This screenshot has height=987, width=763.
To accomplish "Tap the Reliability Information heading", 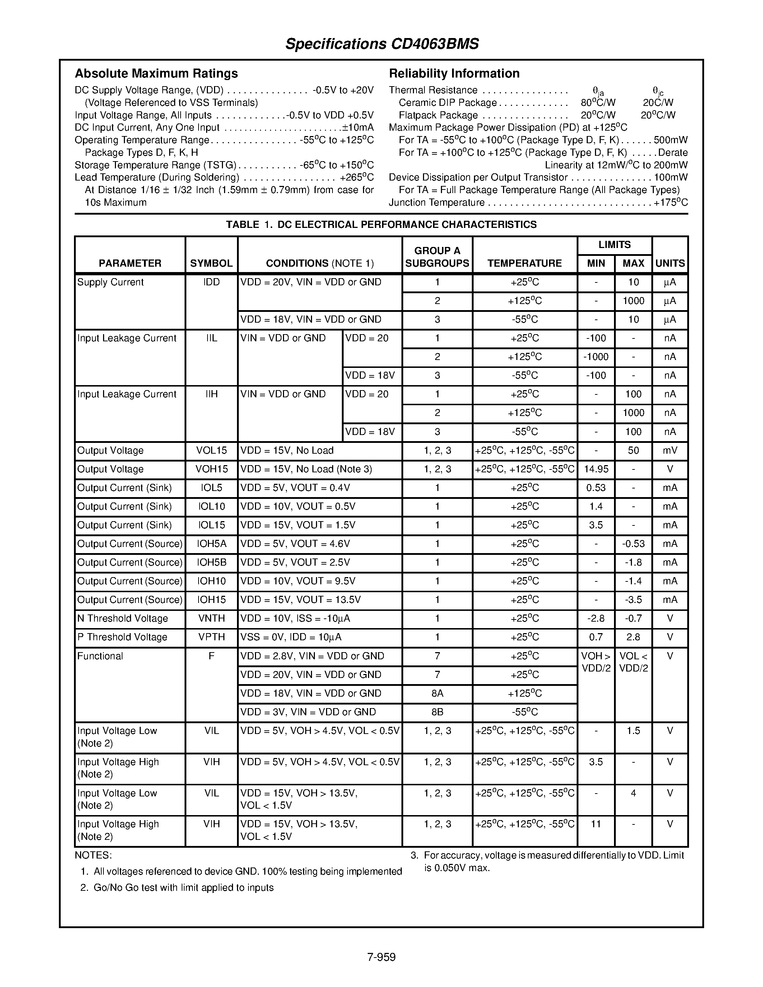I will (454, 73).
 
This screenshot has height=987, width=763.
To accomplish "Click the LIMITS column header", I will (614, 245).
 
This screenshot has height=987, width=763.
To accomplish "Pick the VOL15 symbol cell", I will (211, 450).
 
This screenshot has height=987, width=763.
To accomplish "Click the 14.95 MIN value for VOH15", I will (596, 469).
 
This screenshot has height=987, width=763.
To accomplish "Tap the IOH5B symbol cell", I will (211, 563).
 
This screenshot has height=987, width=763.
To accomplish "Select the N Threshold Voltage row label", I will (122, 619).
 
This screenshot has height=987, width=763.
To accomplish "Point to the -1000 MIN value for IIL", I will (596, 357).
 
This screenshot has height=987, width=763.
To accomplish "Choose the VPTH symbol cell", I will (211, 637).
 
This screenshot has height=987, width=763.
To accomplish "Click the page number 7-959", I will (381, 957).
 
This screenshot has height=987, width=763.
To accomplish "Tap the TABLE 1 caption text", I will (381, 225).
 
